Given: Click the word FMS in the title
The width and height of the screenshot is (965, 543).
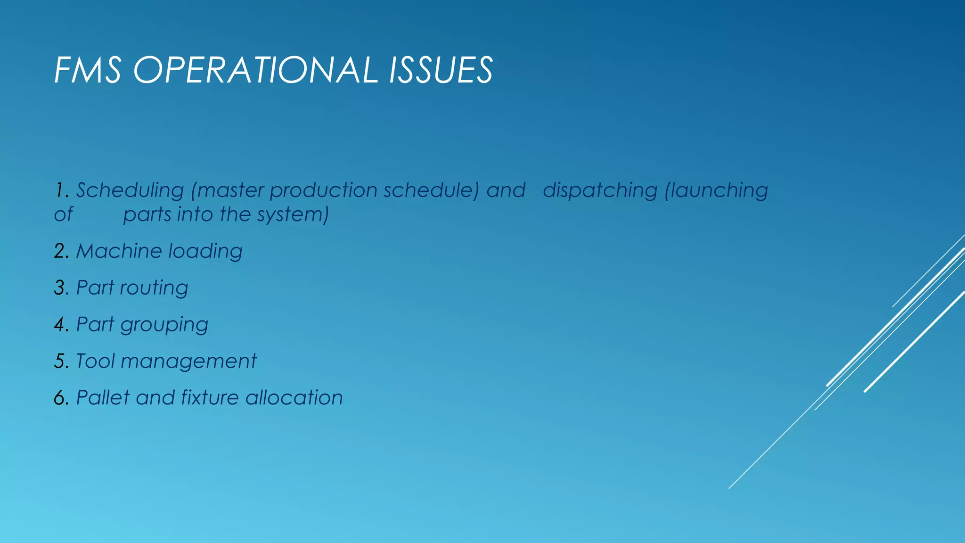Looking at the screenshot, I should click(88, 70).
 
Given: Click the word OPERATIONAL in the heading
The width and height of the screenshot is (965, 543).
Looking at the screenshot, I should click(255, 70).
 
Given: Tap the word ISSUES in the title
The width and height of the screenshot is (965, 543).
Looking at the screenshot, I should click(441, 70).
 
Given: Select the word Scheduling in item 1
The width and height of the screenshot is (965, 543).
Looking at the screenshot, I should click(130, 191).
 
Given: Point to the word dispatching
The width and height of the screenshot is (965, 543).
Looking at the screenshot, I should click(599, 191).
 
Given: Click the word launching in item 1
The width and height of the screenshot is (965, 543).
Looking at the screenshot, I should click(716, 191).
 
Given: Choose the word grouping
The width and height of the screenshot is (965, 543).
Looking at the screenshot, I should click(164, 325).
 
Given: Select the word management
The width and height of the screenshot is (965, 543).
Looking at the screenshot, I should click(188, 362).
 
